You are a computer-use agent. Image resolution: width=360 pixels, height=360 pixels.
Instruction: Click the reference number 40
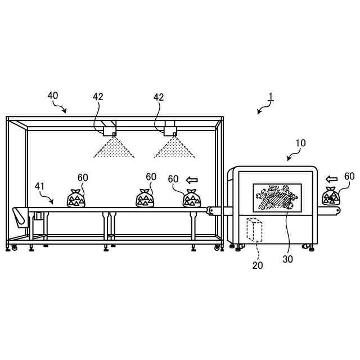click(x=52, y=96)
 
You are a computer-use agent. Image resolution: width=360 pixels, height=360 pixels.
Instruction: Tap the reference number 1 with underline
click(x=271, y=97)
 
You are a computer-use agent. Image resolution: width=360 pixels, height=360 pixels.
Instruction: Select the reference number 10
click(x=300, y=143)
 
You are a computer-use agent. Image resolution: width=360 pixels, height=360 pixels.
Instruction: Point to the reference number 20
click(x=257, y=265)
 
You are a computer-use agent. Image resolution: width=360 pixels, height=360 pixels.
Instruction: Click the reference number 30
click(x=288, y=260)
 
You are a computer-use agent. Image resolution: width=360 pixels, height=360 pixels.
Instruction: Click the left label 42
click(x=98, y=97)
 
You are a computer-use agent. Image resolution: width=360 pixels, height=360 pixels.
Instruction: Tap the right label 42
click(x=159, y=97)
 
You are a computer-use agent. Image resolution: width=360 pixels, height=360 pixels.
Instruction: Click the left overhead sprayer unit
click(x=109, y=129)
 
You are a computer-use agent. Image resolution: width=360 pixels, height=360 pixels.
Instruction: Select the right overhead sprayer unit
click(x=170, y=129)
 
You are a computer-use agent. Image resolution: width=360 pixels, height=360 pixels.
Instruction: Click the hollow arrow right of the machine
click(x=332, y=179)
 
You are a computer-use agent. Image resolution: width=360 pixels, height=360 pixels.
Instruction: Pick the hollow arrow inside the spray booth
click(x=192, y=180)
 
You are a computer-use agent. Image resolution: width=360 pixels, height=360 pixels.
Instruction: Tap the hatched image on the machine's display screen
click(x=277, y=198)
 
